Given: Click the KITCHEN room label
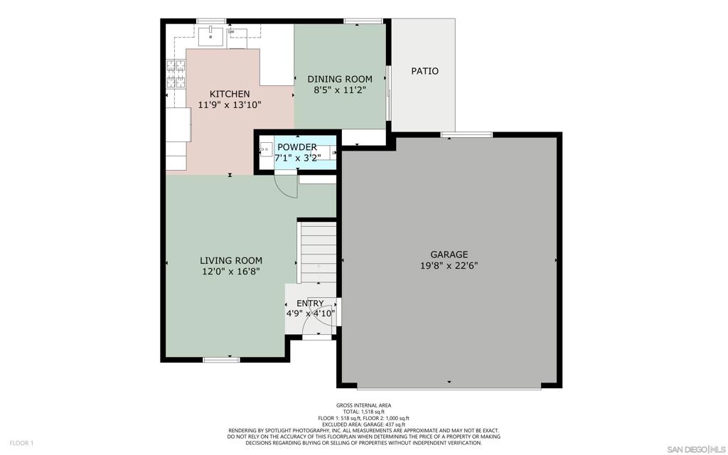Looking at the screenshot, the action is [x=230, y=94].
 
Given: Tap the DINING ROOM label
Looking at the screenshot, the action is [x=340, y=79].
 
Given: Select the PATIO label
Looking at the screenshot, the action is [x=425, y=71].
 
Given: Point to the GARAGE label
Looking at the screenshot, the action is [x=449, y=255].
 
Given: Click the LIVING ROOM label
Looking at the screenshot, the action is [x=231, y=260].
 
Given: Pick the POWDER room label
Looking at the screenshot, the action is [x=297, y=147].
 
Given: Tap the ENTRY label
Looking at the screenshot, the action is [x=310, y=303].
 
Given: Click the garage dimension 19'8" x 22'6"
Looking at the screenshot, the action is [x=449, y=266].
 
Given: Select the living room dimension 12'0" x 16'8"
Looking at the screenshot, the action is [x=231, y=272].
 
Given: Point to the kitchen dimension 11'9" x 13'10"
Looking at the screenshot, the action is [x=230, y=105].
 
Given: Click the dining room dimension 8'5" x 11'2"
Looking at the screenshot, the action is [x=340, y=90].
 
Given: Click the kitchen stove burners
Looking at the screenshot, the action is [x=176, y=74].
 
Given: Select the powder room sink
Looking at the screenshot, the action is [x=266, y=149].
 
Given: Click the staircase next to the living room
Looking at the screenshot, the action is [x=318, y=252].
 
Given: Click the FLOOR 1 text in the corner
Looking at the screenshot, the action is [x=21, y=443].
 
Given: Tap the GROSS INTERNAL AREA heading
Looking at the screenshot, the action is [x=363, y=405].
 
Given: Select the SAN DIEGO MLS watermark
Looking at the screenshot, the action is [x=695, y=449].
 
